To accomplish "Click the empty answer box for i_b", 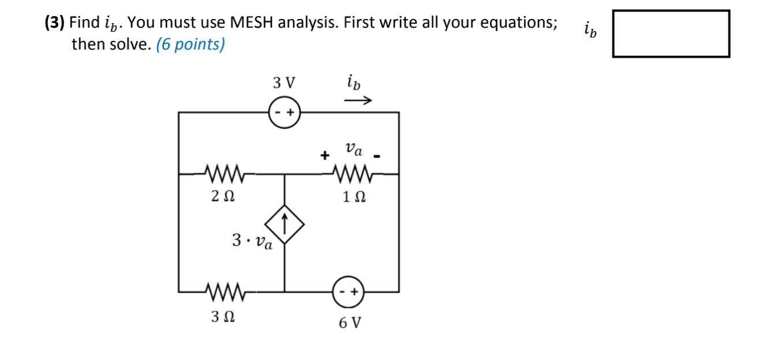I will coord(671,33).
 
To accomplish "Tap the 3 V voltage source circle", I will coord(284,112).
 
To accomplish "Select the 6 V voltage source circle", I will coord(349,292).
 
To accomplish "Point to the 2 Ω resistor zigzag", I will coord(222,172).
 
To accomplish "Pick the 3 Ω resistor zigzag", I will coord(222,292).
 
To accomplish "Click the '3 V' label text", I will coord(283,83).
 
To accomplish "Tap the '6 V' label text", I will coord(350,322).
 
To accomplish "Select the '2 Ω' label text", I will coord(222,197).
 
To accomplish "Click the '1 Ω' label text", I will coord(354,197).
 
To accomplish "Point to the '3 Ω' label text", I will coord(222,317).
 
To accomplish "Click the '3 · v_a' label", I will coord(252,240).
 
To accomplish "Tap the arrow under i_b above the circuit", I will coord(358,100).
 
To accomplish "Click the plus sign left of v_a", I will coord(326,155).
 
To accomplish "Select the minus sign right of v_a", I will coord(379,156).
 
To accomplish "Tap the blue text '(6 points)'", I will coord(190,44).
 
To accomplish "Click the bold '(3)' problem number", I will coord(55,23).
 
